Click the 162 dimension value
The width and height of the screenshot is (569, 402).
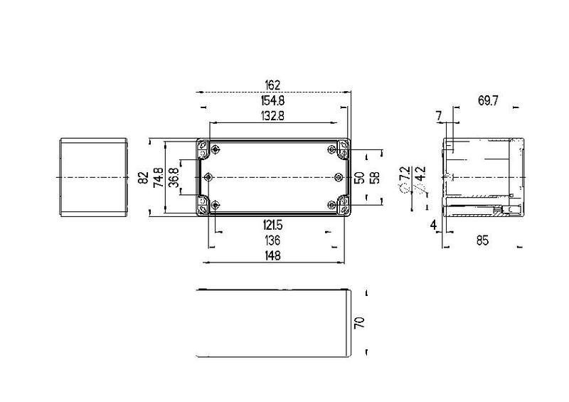tap(272, 85)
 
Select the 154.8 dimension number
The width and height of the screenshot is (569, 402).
tap(272, 100)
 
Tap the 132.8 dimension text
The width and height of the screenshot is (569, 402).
tap(272, 116)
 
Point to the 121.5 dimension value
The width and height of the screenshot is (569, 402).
tap(272, 226)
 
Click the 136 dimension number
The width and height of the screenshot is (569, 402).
tap(272, 240)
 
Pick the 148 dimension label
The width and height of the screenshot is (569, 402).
tap(272, 255)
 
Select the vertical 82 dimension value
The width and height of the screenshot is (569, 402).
tap(144, 177)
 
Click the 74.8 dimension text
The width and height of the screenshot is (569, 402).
tap(159, 177)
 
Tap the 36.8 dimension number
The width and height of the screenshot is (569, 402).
tap(174, 177)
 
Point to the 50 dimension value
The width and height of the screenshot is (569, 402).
tap(359, 178)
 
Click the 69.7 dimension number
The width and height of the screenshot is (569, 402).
tap(488, 100)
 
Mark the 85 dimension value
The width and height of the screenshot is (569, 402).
tap(482, 240)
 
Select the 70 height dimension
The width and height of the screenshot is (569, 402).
tap(359, 322)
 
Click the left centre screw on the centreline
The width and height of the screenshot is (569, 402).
tap(208, 177)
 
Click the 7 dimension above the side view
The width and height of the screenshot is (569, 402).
tap(439, 116)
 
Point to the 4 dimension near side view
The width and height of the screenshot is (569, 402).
tap(433, 225)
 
